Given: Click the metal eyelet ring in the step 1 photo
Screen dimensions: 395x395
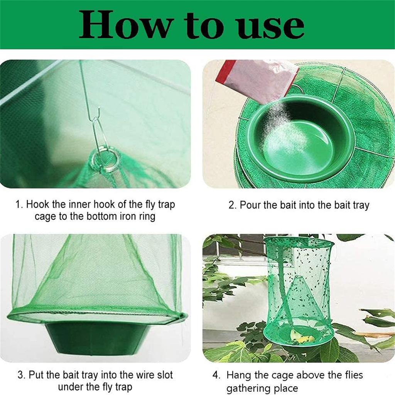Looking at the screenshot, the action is coord(106,160).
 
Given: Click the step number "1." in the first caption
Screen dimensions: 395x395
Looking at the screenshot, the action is coord(19,204).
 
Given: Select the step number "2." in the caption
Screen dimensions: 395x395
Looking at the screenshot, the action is coord(233,205).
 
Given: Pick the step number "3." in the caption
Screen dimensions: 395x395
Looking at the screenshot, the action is coord(22,375).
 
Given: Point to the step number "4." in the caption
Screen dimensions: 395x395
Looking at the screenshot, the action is coord(217,375).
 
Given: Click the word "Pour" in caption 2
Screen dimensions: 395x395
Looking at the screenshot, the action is coord(250,205).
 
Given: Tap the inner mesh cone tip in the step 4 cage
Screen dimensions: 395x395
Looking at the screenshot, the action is coord(298,277).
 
